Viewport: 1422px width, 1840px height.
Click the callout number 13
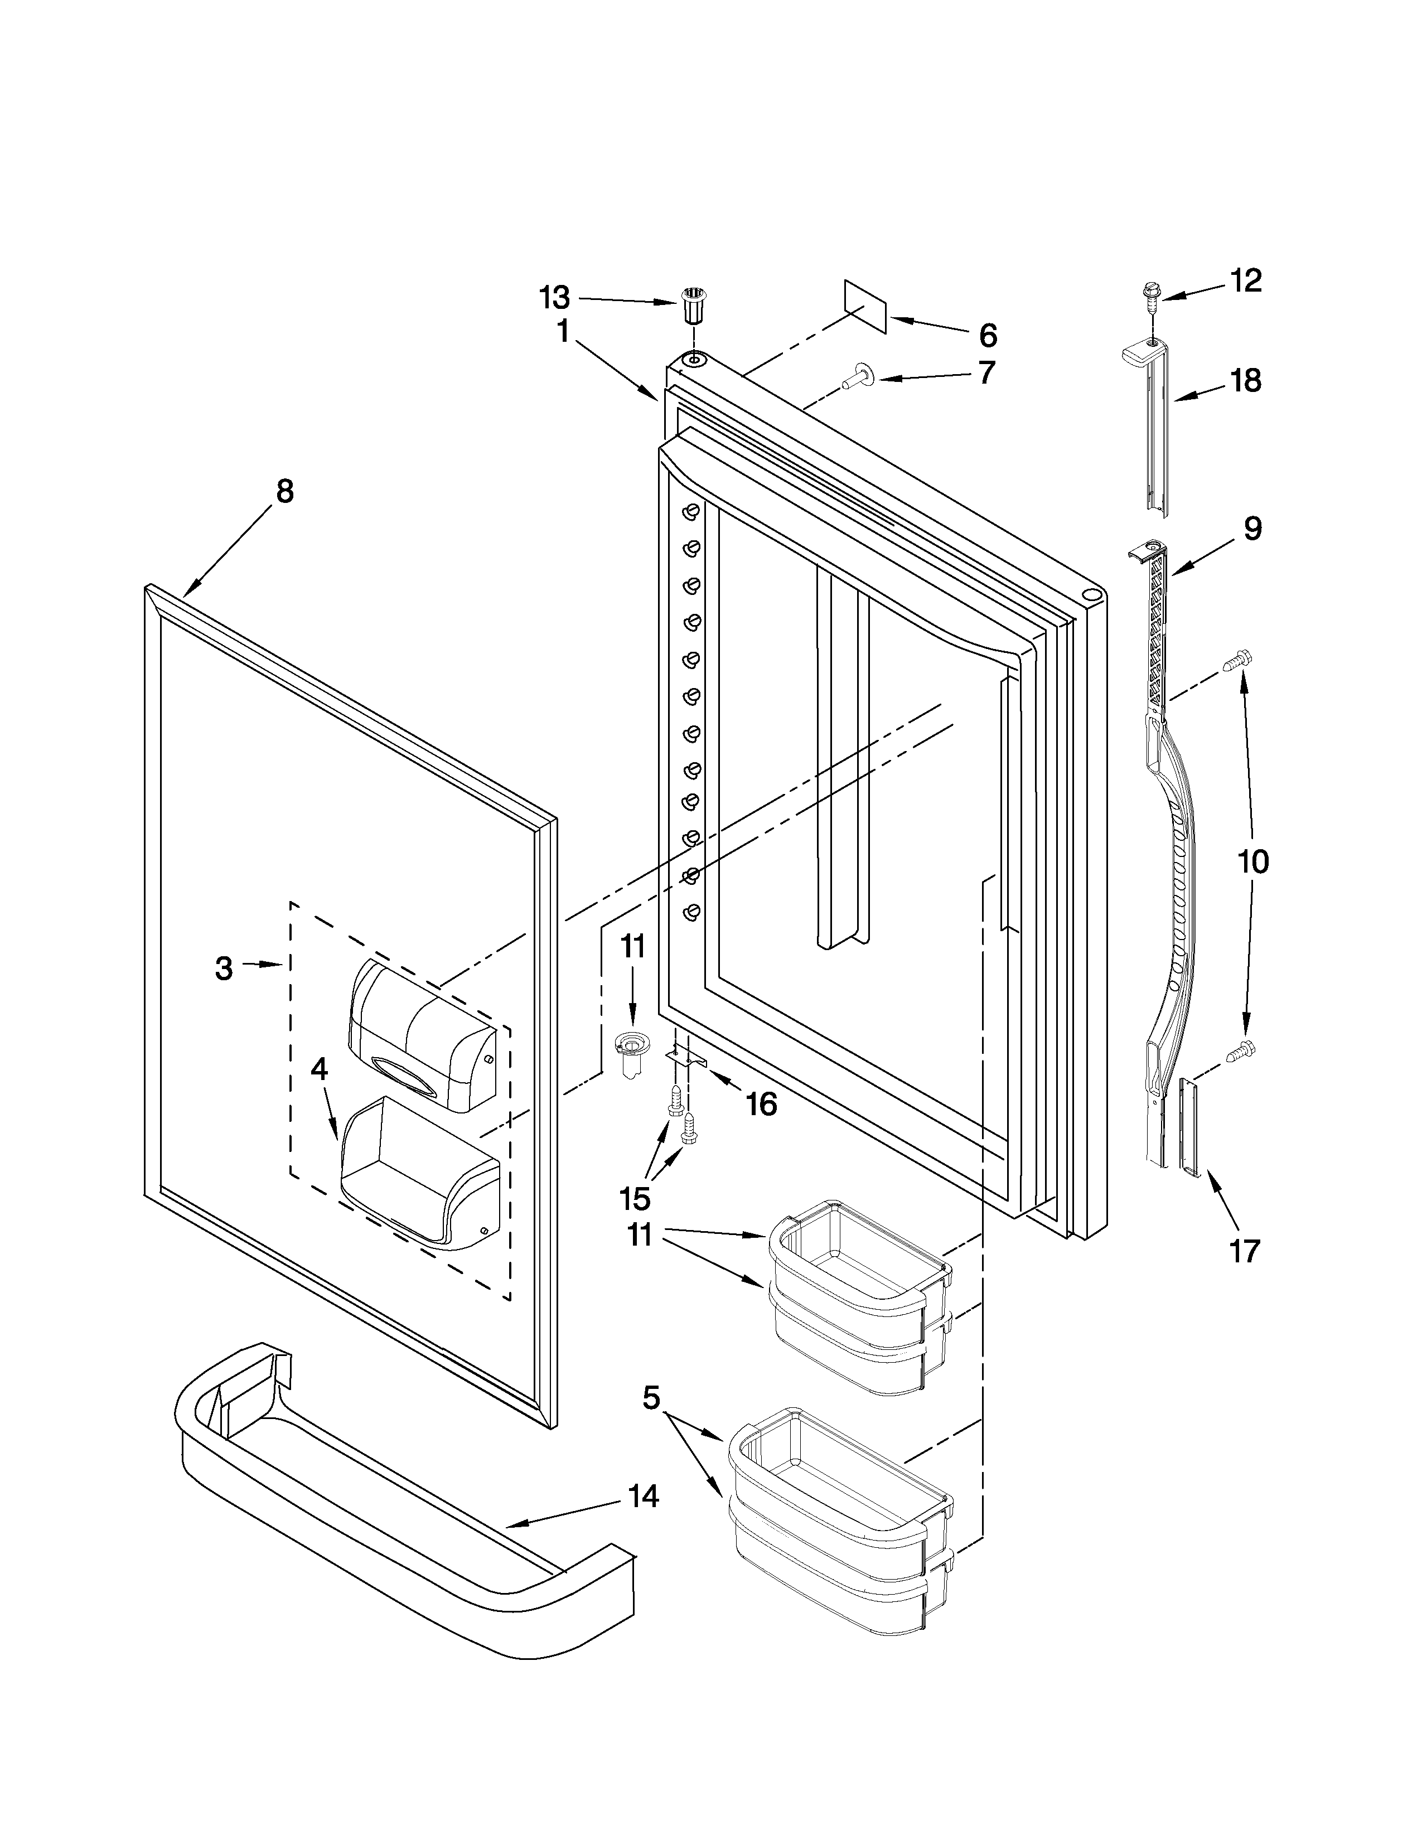(x=554, y=297)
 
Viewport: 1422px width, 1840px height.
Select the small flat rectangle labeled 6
(x=866, y=308)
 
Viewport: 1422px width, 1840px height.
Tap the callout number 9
(x=1252, y=529)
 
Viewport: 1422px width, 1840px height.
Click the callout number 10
(x=1252, y=862)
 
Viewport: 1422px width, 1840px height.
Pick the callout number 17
(x=1244, y=1250)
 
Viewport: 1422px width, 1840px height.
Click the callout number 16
(x=762, y=1103)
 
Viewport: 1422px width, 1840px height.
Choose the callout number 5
(x=651, y=1398)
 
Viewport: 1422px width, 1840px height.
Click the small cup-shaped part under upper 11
(x=629, y=1052)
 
